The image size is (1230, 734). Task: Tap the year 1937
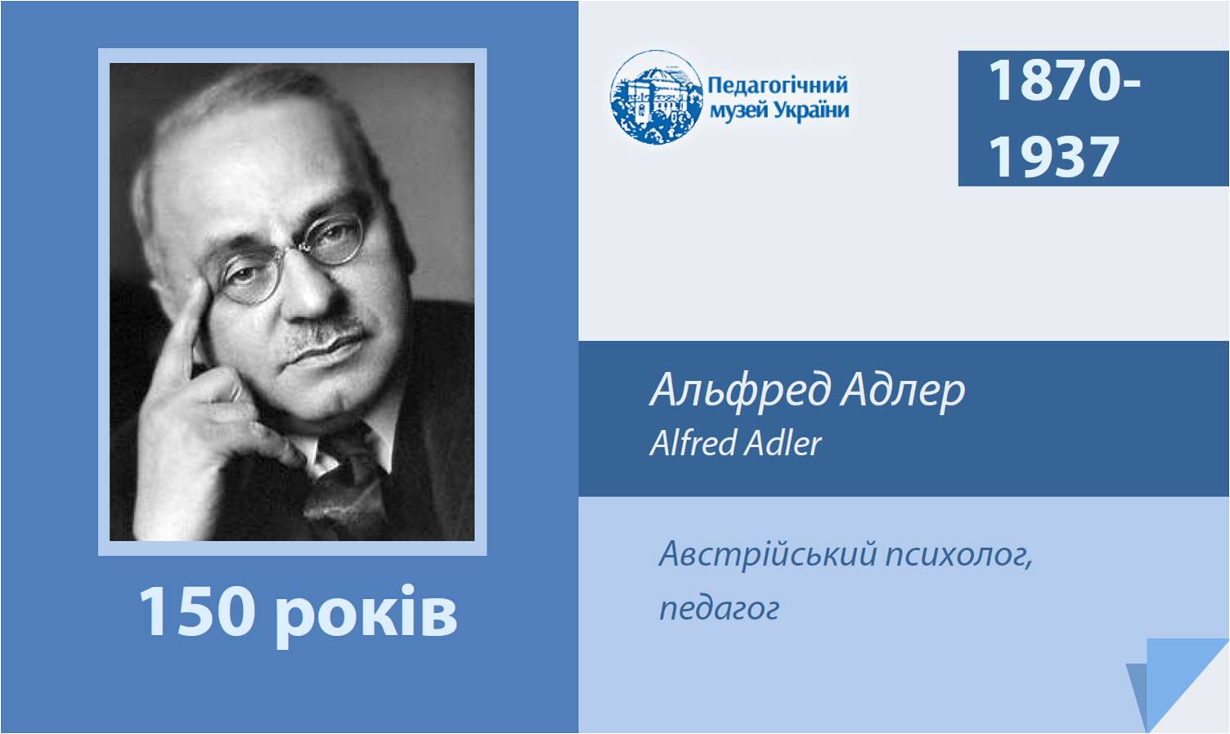(x=1053, y=157)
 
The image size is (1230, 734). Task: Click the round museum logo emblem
(x=656, y=97)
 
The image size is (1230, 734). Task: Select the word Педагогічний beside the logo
(x=778, y=86)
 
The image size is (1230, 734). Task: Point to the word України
(x=811, y=110)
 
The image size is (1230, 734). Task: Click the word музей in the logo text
(x=739, y=111)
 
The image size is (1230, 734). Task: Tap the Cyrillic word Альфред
(x=739, y=391)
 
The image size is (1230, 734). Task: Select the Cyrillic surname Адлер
(x=903, y=391)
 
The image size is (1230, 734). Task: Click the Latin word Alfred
(x=693, y=443)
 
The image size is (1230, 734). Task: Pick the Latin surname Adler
(x=783, y=443)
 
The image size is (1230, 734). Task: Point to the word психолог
(x=958, y=557)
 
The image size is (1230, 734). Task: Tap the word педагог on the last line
(x=719, y=610)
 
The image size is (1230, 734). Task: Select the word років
(x=366, y=614)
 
